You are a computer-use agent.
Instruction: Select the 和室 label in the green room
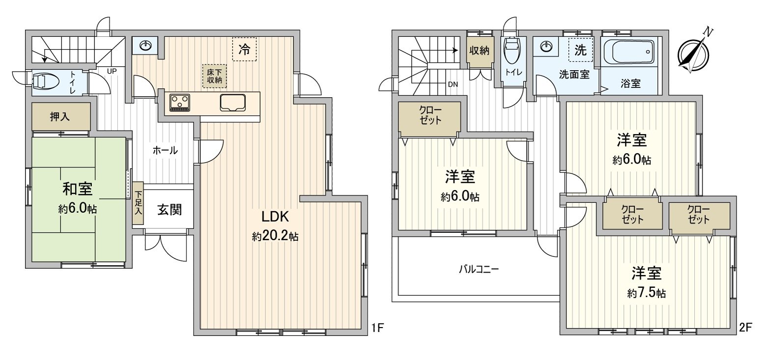[x=77, y=189]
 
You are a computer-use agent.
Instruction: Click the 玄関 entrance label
[x=169, y=210]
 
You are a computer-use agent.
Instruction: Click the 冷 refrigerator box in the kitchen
[x=244, y=50]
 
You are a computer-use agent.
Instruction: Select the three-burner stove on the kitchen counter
[x=180, y=102]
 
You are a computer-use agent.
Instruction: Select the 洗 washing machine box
[x=580, y=50]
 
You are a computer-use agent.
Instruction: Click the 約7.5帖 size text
[x=646, y=293]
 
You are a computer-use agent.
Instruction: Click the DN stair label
[x=453, y=84]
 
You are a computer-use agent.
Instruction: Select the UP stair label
[x=111, y=70]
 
